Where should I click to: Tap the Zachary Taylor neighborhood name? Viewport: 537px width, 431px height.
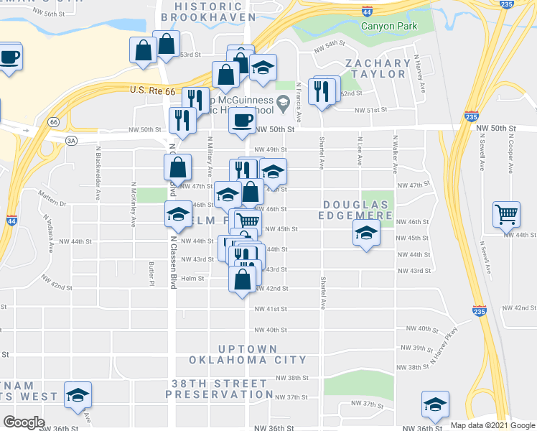click(x=378, y=68)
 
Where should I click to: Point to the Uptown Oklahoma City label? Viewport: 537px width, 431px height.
click(x=248, y=354)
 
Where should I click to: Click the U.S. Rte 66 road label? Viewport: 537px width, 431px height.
click(x=153, y=91)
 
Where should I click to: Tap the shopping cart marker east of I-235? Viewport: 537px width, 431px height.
click(x=507, y=214)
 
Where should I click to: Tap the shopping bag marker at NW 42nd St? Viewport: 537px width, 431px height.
click(x=242, y=279)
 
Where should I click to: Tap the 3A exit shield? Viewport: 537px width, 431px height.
click(x=70, y=141)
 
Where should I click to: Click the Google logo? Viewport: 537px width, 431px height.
click(x=24, y=422)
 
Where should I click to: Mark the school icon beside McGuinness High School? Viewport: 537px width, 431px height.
click(x=283, y=103)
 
